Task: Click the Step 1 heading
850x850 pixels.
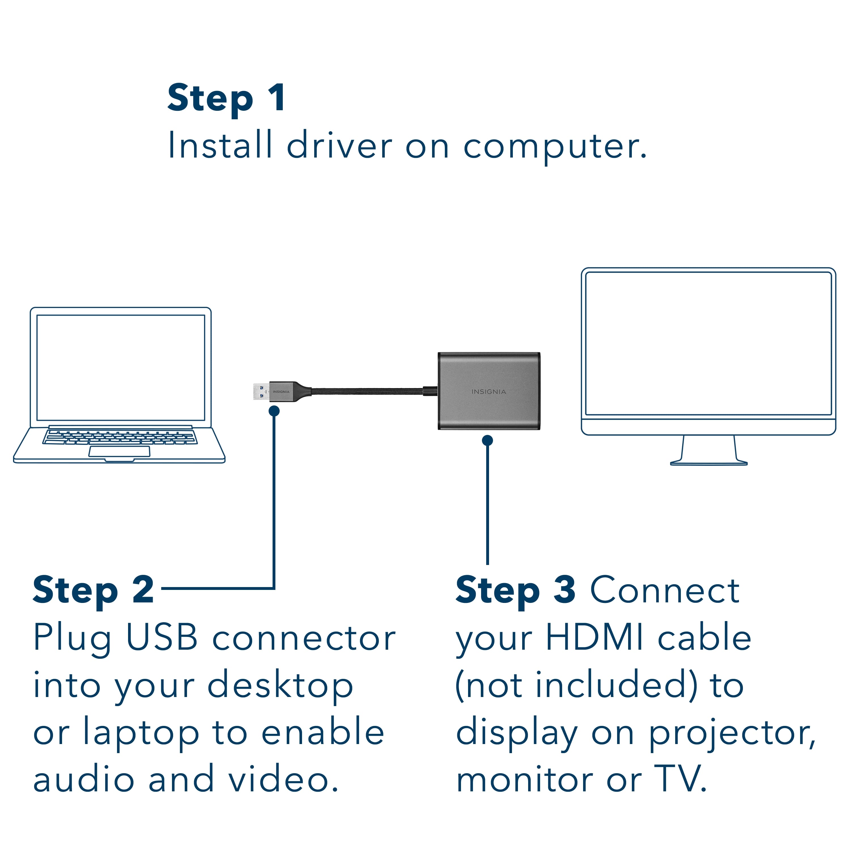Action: click(226, 99)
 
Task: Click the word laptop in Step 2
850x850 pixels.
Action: click(141, 734)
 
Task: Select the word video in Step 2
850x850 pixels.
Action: click(282, 780)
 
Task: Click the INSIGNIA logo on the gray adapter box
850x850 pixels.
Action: click(488, 392)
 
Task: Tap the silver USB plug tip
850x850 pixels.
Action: click(260, 392)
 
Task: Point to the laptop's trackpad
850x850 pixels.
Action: click(119, 451)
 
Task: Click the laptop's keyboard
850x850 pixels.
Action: click(120, 437)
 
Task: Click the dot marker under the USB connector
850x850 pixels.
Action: click(274, 411)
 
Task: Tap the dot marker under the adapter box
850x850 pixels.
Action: click(487, 440)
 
